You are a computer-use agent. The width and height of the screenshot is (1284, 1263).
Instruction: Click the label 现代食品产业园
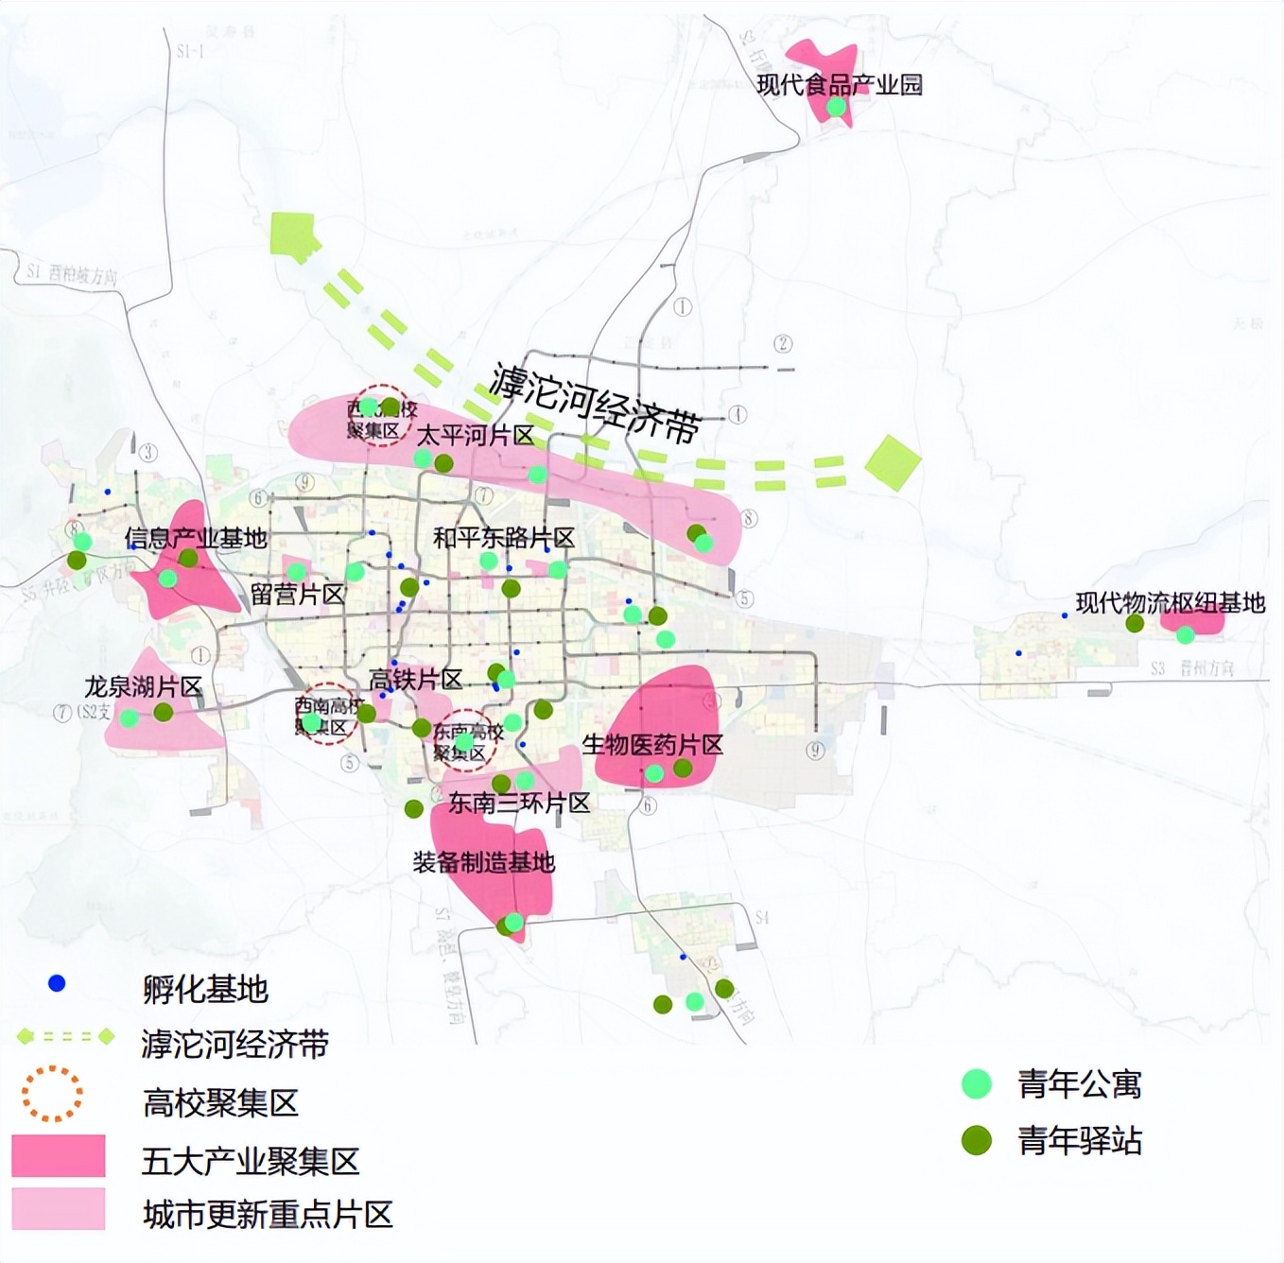pos(840,85)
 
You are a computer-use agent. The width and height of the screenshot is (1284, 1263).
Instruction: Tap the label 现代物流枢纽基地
pos(1170,603)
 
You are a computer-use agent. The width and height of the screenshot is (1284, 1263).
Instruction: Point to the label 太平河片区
pos(476,436)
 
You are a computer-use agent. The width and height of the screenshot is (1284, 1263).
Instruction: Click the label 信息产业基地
pos(196,539)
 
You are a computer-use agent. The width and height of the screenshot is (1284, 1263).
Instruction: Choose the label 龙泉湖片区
pos(143,687)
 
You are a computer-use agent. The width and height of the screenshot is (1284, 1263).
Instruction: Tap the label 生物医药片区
pos(652,745)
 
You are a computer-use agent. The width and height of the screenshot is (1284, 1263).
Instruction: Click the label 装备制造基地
pos(483,862)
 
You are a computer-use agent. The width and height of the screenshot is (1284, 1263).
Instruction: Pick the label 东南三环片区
pos(519,804)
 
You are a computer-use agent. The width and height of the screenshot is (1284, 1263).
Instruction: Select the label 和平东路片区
pos(504,538)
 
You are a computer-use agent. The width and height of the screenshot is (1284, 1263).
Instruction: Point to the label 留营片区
pos(297,595)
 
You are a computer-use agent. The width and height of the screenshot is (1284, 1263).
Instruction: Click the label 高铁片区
pos(415,680)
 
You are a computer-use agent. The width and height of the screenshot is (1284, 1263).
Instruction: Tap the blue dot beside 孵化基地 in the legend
pos(57,983)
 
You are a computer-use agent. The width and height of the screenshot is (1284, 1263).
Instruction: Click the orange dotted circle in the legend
pos(52,1094)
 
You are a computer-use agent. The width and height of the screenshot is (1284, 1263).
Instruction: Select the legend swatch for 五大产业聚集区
pos(59,1156)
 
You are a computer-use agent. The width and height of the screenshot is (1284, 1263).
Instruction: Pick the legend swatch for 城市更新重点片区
pos(59,1209)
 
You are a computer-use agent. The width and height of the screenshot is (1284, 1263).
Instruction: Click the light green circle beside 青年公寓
pos(976,1084)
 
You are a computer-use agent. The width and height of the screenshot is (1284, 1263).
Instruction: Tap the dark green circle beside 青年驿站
pos(976,1140)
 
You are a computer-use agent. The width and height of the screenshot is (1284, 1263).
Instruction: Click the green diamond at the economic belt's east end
pos(893,462)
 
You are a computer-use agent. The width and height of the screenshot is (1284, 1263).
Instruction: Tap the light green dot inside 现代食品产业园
pos(836,107)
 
